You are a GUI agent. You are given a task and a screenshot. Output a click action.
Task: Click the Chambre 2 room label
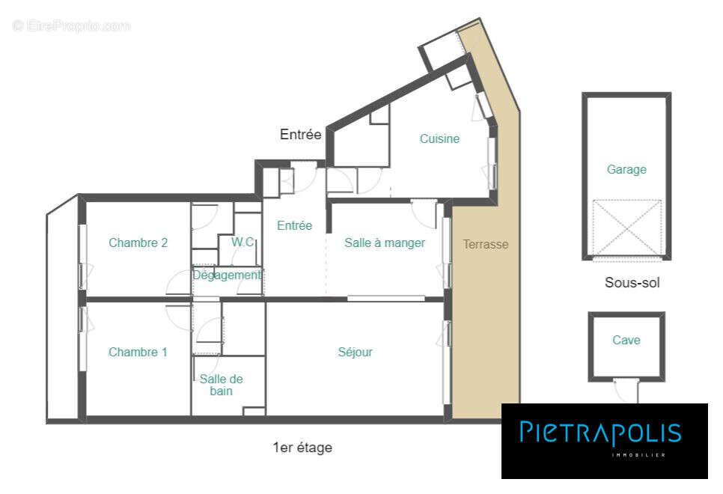click(138, 243)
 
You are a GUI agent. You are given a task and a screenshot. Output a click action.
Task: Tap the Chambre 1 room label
click(138, 352)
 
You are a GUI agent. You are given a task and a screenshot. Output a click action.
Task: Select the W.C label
click(242, 242)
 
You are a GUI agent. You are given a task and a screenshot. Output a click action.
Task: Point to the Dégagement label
click(227, 275)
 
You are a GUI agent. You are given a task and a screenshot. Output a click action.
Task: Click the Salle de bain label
click(221, 385)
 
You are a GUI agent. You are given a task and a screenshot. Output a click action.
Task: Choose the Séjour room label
click(355, 352)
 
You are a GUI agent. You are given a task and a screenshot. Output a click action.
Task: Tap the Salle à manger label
click(385, 243)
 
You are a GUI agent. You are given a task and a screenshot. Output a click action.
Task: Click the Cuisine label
click(439, 138)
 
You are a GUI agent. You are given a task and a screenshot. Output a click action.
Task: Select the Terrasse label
click(485, 244)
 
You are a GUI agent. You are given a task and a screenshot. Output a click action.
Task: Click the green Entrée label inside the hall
click(294, 225)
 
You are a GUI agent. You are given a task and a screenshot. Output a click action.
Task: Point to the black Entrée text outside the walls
click(300, 135)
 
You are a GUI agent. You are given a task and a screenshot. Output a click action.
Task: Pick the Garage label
click(626, 169)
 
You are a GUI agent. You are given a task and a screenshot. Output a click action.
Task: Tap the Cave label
click(626, 340)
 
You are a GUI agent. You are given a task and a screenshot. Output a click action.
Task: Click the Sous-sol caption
click(632, 283)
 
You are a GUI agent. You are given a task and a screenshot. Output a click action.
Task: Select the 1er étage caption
click(302, 448)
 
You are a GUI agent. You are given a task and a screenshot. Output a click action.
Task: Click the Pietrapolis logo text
click(600, 433)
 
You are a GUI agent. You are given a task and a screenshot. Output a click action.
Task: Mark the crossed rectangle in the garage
click(626, 228)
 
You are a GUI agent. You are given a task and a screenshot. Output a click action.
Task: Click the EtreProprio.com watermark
click(72, 25)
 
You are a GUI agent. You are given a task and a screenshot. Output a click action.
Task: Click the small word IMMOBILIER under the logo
click(638, 455)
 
